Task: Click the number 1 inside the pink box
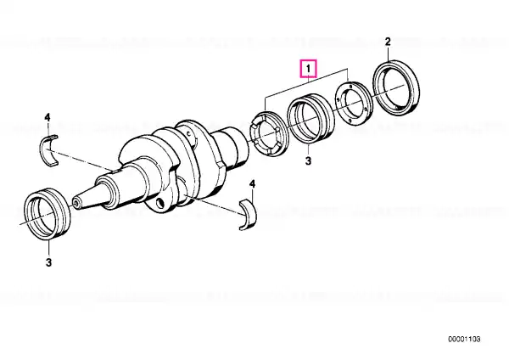(x=308, y=69)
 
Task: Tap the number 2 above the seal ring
(x=388, y=42)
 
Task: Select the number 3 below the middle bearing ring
(x=308, y=160)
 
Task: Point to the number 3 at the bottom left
(x=48, y=262)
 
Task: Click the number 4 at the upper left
(x=48, y=117)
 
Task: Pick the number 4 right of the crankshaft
(x=252, y=184)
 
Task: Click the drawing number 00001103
(x=464, y=340)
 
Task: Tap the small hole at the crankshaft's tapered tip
(x=76, y=203)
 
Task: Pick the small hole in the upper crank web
(x=188, y=133)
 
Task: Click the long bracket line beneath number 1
(x=307, y=83)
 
